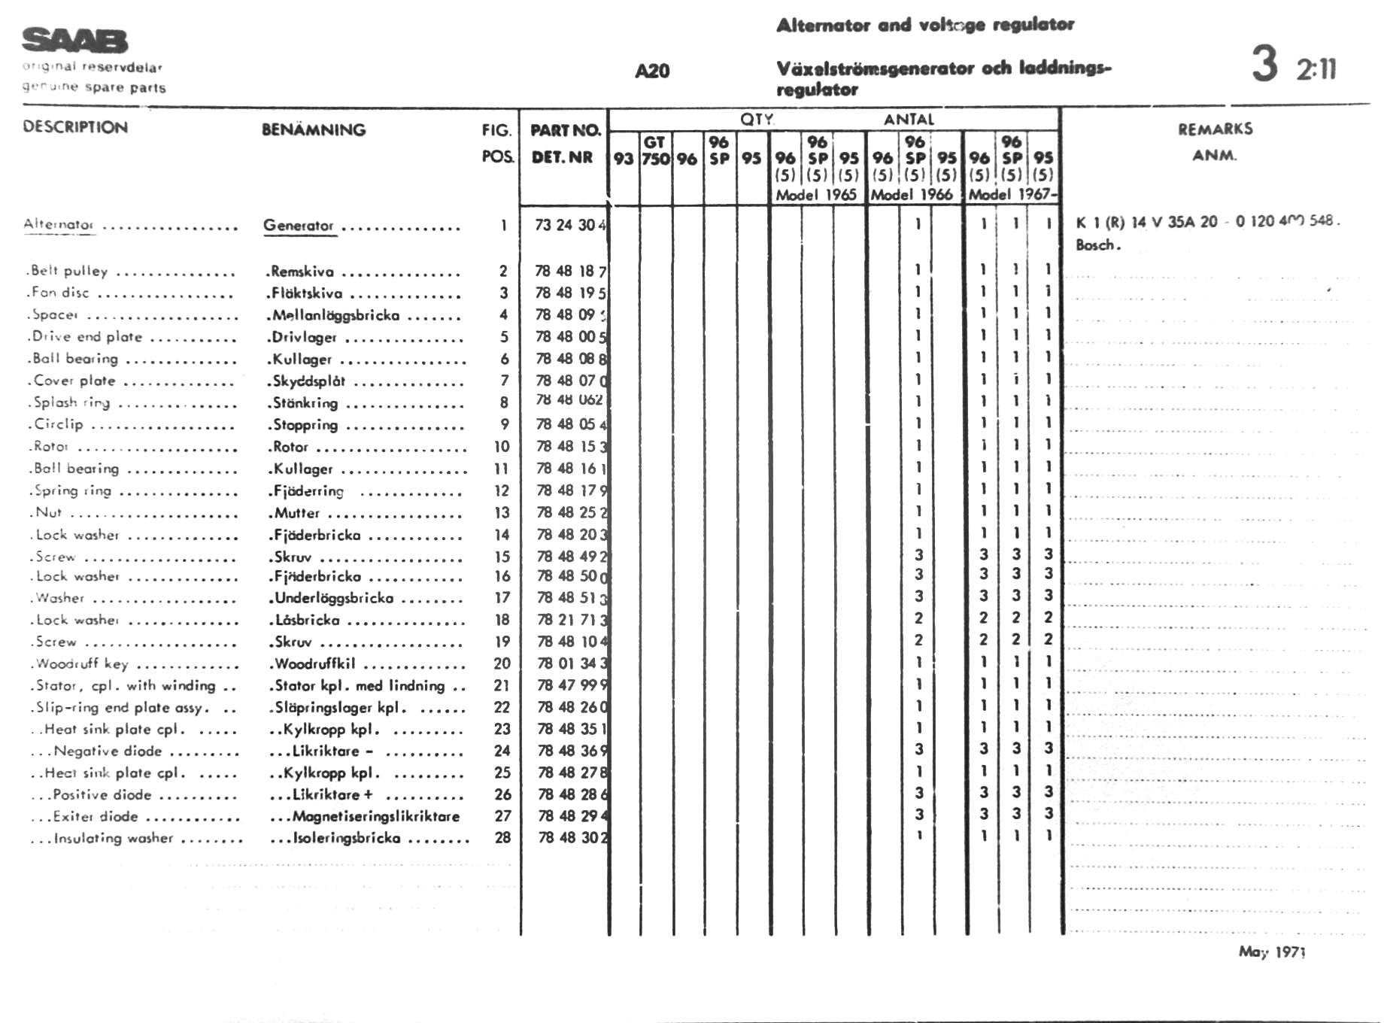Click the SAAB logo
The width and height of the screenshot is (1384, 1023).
coord(74,41)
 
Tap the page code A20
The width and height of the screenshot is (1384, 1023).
coord(652,71)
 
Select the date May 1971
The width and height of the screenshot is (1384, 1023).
coord(1272,952)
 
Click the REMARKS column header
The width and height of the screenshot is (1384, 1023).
coord(1215,129)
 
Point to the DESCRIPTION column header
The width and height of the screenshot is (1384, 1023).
coord(75,127)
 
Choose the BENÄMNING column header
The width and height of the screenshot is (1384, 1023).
coord(314,129)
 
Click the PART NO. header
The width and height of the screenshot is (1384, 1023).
coord(566,130)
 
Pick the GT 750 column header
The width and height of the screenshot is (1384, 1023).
coord(655,150)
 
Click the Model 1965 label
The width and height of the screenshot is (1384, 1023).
coord(816,195)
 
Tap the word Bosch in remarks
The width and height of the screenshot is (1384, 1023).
coord(1097,245)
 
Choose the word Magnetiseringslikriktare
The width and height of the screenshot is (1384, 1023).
coord(375,816)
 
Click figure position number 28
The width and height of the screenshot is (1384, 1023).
coord(502,837)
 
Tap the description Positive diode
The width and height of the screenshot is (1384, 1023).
coord(102,794)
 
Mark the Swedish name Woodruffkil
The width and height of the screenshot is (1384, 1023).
coord(315,664)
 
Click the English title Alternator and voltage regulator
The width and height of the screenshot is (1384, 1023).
coord(925,25)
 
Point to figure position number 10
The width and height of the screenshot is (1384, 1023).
coord(502,447)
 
